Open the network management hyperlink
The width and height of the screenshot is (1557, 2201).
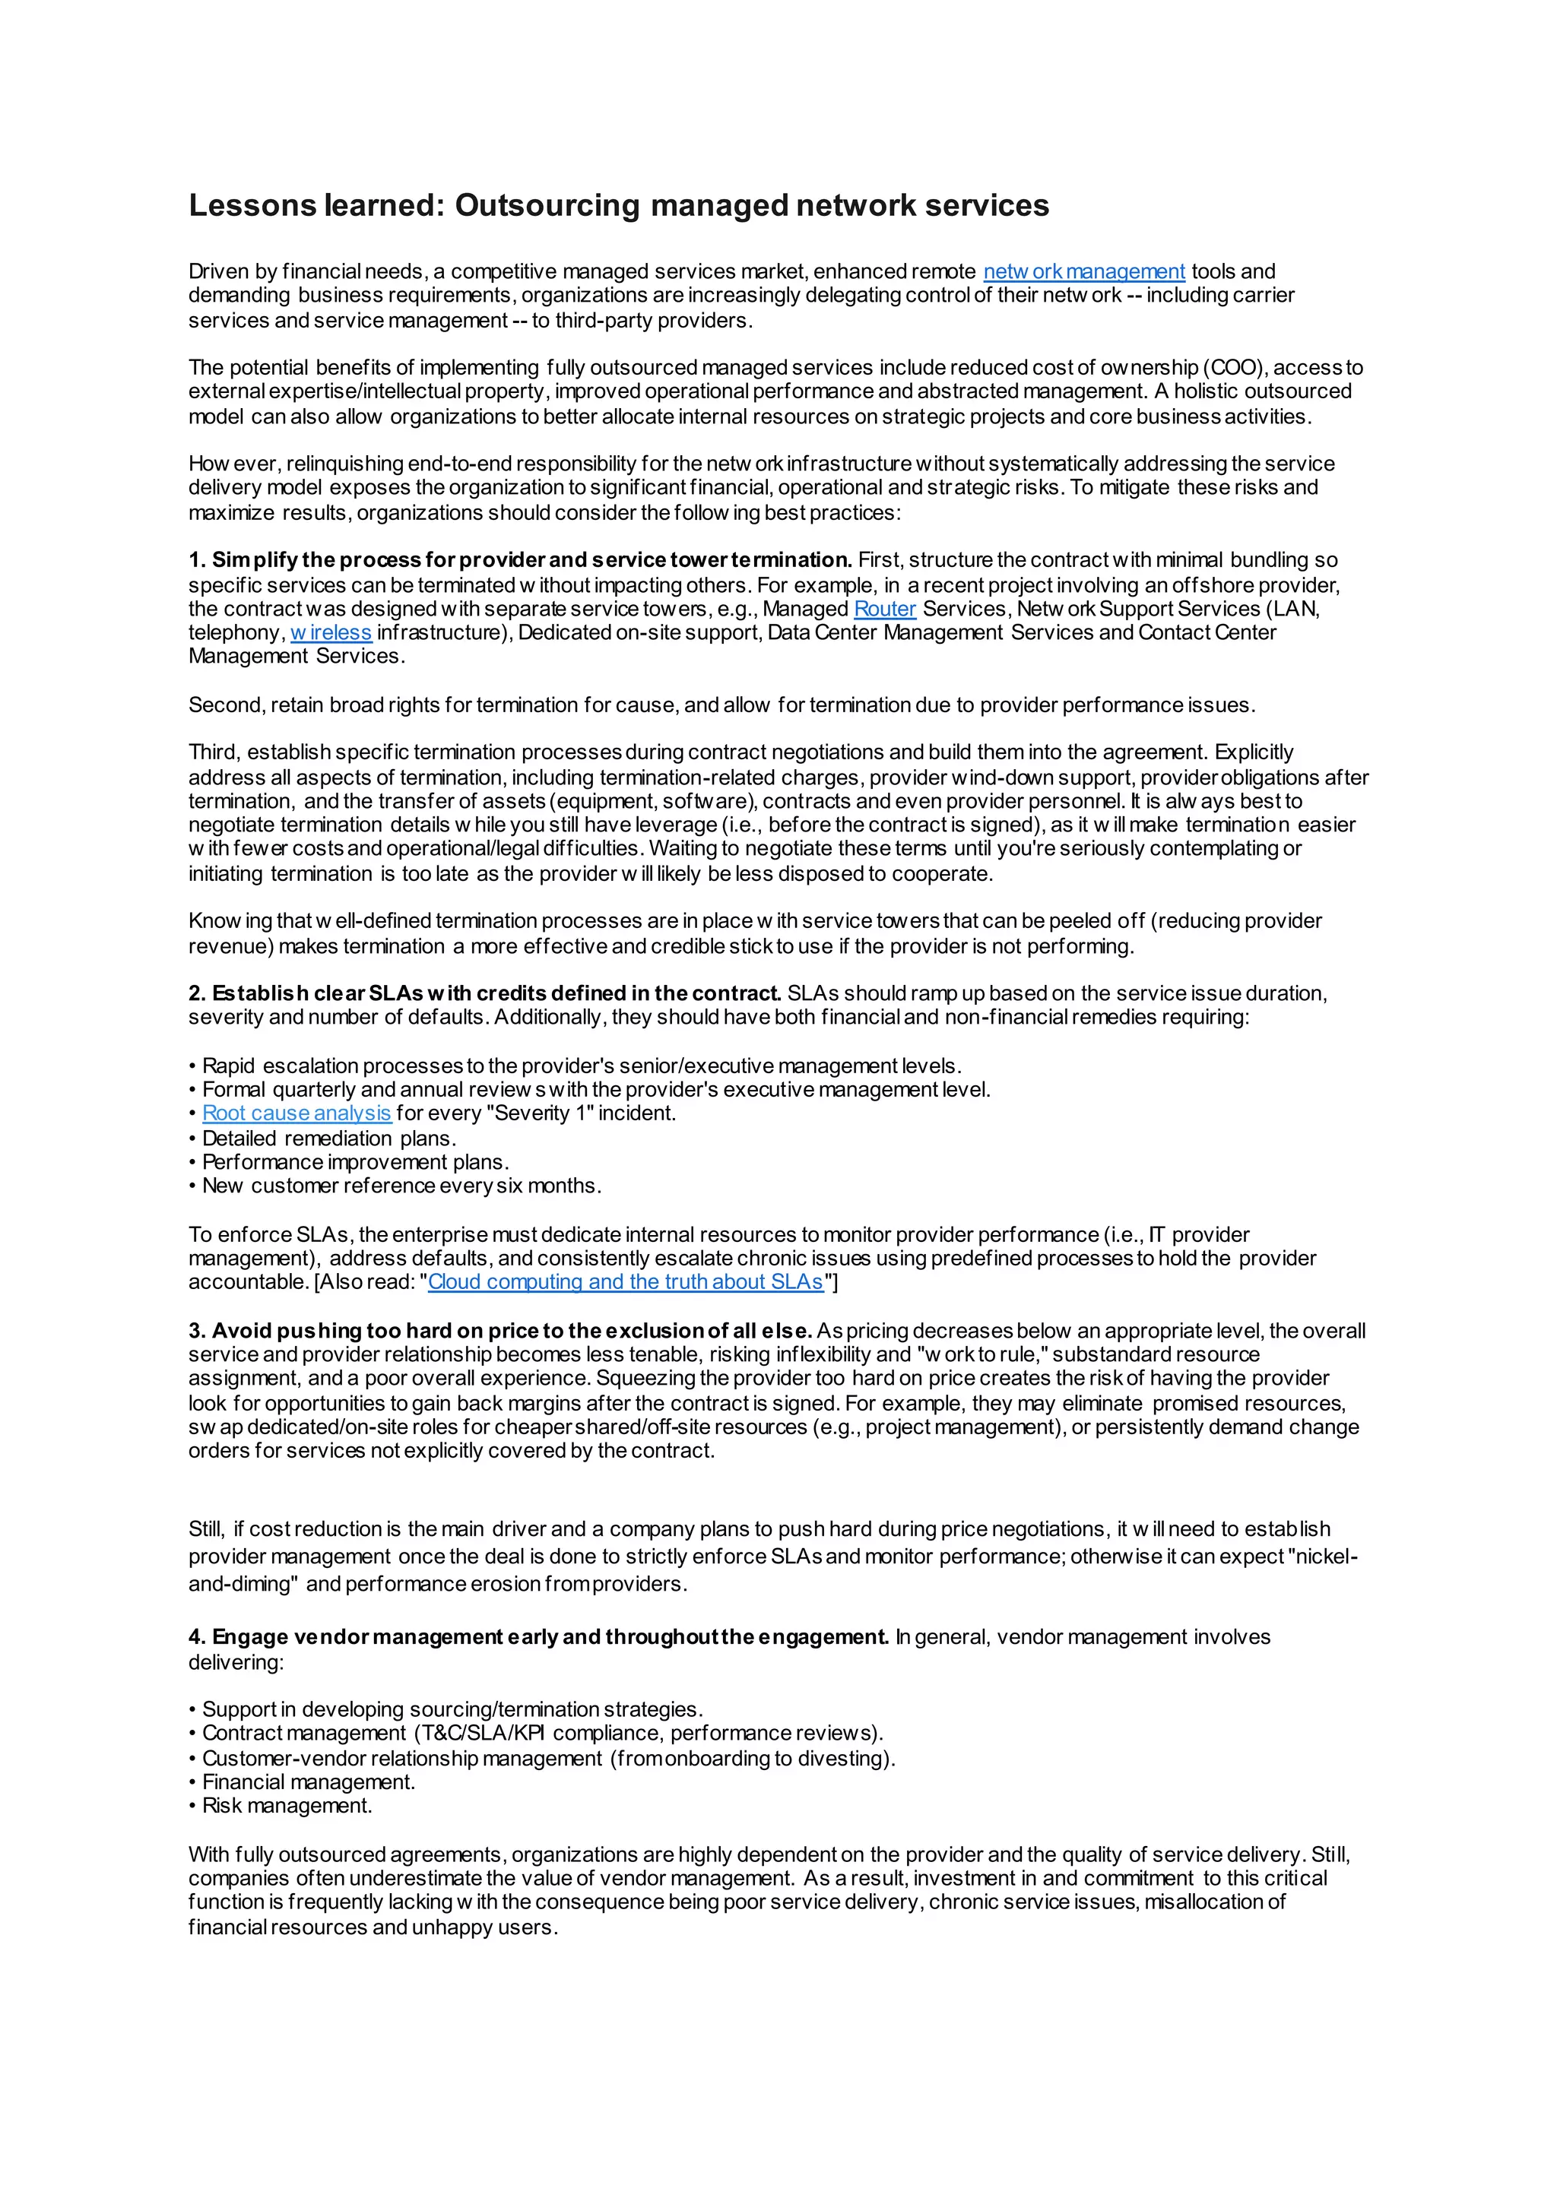pyautogui.click(x=1083, y=272)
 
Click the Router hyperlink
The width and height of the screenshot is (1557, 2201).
pyautogui.click(x=885, y=610)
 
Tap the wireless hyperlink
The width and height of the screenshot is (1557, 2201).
pyautogui.click(x=331, y=632)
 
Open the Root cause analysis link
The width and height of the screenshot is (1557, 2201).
pyautogui.click(x=296, y=1114)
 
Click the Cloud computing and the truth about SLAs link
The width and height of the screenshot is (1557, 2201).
pyautogui.click(x=625, y=1283)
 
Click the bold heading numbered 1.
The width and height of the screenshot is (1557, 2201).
pyautogui.click(x=521, y=561)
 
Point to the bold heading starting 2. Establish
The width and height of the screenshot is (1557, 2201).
pyautogui.click(x=485, y=994)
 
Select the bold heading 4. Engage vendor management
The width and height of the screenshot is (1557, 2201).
pyautogui.click(x=539, y=1637)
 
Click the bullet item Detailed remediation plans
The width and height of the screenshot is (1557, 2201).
pyautogui.click(x=329, y=1139)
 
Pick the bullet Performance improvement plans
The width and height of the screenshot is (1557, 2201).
pyautogui.click(x=355, y=1163)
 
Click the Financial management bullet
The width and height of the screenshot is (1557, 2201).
pyautogui.click(x=309, y=1783)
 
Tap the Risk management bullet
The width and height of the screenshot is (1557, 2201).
pyautogui.click(x=287, y=1806)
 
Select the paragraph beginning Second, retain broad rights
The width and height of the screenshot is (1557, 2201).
pyautogui.click(x=721, y=705)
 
